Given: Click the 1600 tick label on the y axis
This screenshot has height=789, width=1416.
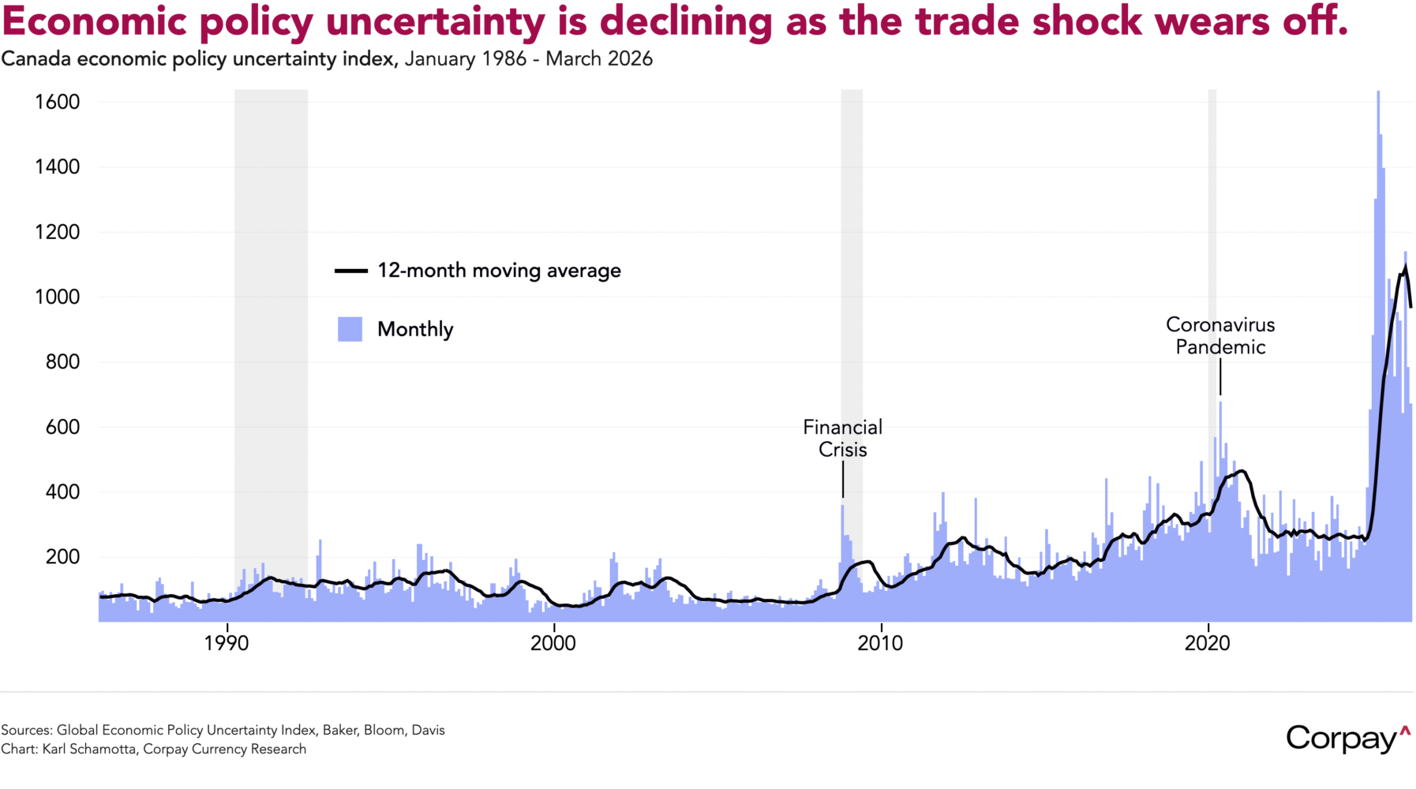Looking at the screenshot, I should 57,102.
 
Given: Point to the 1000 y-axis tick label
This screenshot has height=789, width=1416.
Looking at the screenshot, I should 57,297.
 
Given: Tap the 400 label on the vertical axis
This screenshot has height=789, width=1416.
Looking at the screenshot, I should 62,492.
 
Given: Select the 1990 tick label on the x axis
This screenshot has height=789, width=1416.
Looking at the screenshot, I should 227,643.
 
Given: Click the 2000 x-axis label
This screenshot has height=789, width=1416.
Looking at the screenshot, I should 553,643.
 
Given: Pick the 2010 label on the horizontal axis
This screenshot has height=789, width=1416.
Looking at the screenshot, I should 880,643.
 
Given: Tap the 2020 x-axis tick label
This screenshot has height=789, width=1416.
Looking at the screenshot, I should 1208,643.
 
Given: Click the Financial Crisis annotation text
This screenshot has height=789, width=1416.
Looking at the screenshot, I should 843,438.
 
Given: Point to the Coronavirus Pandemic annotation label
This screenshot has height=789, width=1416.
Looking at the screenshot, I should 1220,335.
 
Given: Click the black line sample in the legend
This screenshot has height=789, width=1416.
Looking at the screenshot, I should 351,271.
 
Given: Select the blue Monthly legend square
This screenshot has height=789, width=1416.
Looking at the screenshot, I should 350,329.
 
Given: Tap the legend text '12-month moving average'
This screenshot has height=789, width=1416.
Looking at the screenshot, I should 499,271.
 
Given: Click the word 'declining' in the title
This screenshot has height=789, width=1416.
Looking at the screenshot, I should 685,21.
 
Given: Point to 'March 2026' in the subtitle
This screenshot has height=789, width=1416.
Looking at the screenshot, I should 599,59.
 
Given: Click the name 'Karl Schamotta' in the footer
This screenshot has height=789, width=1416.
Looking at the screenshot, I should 89,749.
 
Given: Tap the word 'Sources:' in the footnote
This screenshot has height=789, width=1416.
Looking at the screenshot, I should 27,730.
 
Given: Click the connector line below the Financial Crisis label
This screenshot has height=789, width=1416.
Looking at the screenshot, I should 843,480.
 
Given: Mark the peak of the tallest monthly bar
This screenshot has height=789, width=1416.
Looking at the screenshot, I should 1378,92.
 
